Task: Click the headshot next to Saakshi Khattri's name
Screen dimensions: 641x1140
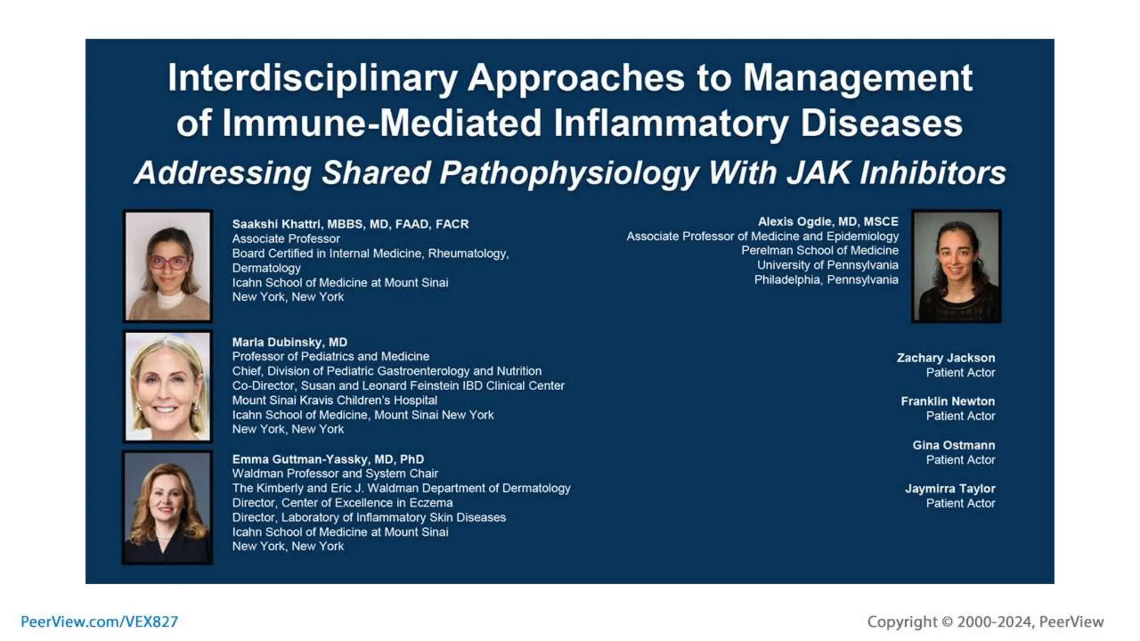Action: click(x=168, y=265)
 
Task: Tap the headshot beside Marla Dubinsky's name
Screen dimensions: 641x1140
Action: click(x=168, y=386)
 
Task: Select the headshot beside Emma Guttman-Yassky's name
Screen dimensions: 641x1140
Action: click(x=168, y=507)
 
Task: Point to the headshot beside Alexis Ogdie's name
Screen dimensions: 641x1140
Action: click(x=956, y=265)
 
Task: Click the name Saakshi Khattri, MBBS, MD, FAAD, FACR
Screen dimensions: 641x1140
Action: click(x=350, y=224)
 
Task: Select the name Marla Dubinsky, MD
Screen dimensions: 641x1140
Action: click(x=289, y=342)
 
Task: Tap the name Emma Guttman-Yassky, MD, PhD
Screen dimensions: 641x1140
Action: click(x=328, y=460)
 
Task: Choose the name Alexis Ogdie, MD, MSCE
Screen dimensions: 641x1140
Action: click(x=828, y=221)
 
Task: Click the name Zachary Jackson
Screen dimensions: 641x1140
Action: click(x=945, y=358)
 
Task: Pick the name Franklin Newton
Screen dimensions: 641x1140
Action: click(x=947, y=401)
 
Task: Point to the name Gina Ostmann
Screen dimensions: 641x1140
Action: click(x=953, y=445)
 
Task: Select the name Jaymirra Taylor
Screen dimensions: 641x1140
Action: click(x=950, y=489)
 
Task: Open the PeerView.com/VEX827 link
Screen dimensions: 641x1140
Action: click(x=100, y=622)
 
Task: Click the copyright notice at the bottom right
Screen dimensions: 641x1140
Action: click(x=985, y=622)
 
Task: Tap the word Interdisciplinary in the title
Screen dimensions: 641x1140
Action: click(x=312, y=78)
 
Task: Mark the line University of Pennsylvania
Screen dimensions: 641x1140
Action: click(x=827, y=265)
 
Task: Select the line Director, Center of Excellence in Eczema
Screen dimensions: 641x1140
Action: click(x=342, y=503)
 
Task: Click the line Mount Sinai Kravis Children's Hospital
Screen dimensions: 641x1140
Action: click(x=335, y=401)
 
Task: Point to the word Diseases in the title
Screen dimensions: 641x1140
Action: click(x=881, y=123)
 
